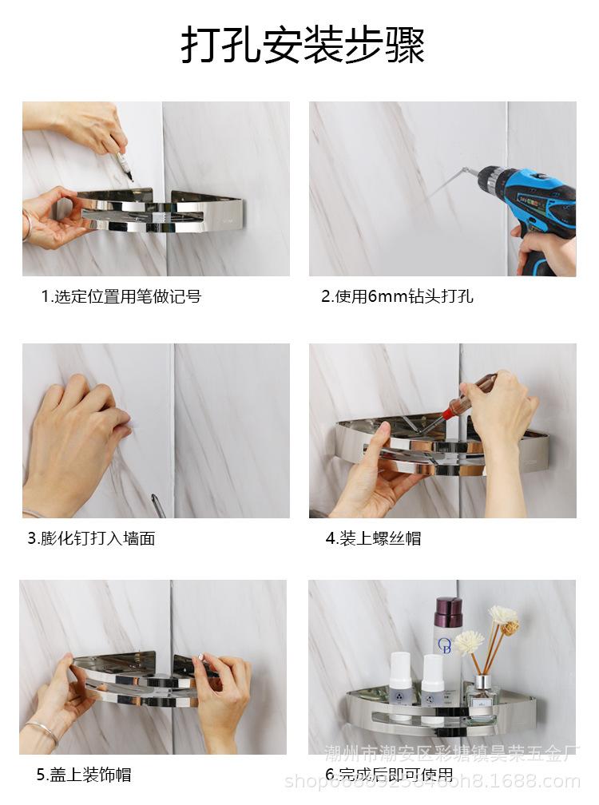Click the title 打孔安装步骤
[x=302, y=46]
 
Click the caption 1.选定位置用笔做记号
[x=121, y=297]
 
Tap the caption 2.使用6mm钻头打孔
[x=397, y=297]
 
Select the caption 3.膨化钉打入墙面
[x=91, y=538]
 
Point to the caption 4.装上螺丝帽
[x=373, y=538]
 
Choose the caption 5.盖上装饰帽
[x=84, y=774]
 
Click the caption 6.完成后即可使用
[x=389, y=774]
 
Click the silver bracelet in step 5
[x=42, y=728]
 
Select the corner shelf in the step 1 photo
[x=160, y=212]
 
